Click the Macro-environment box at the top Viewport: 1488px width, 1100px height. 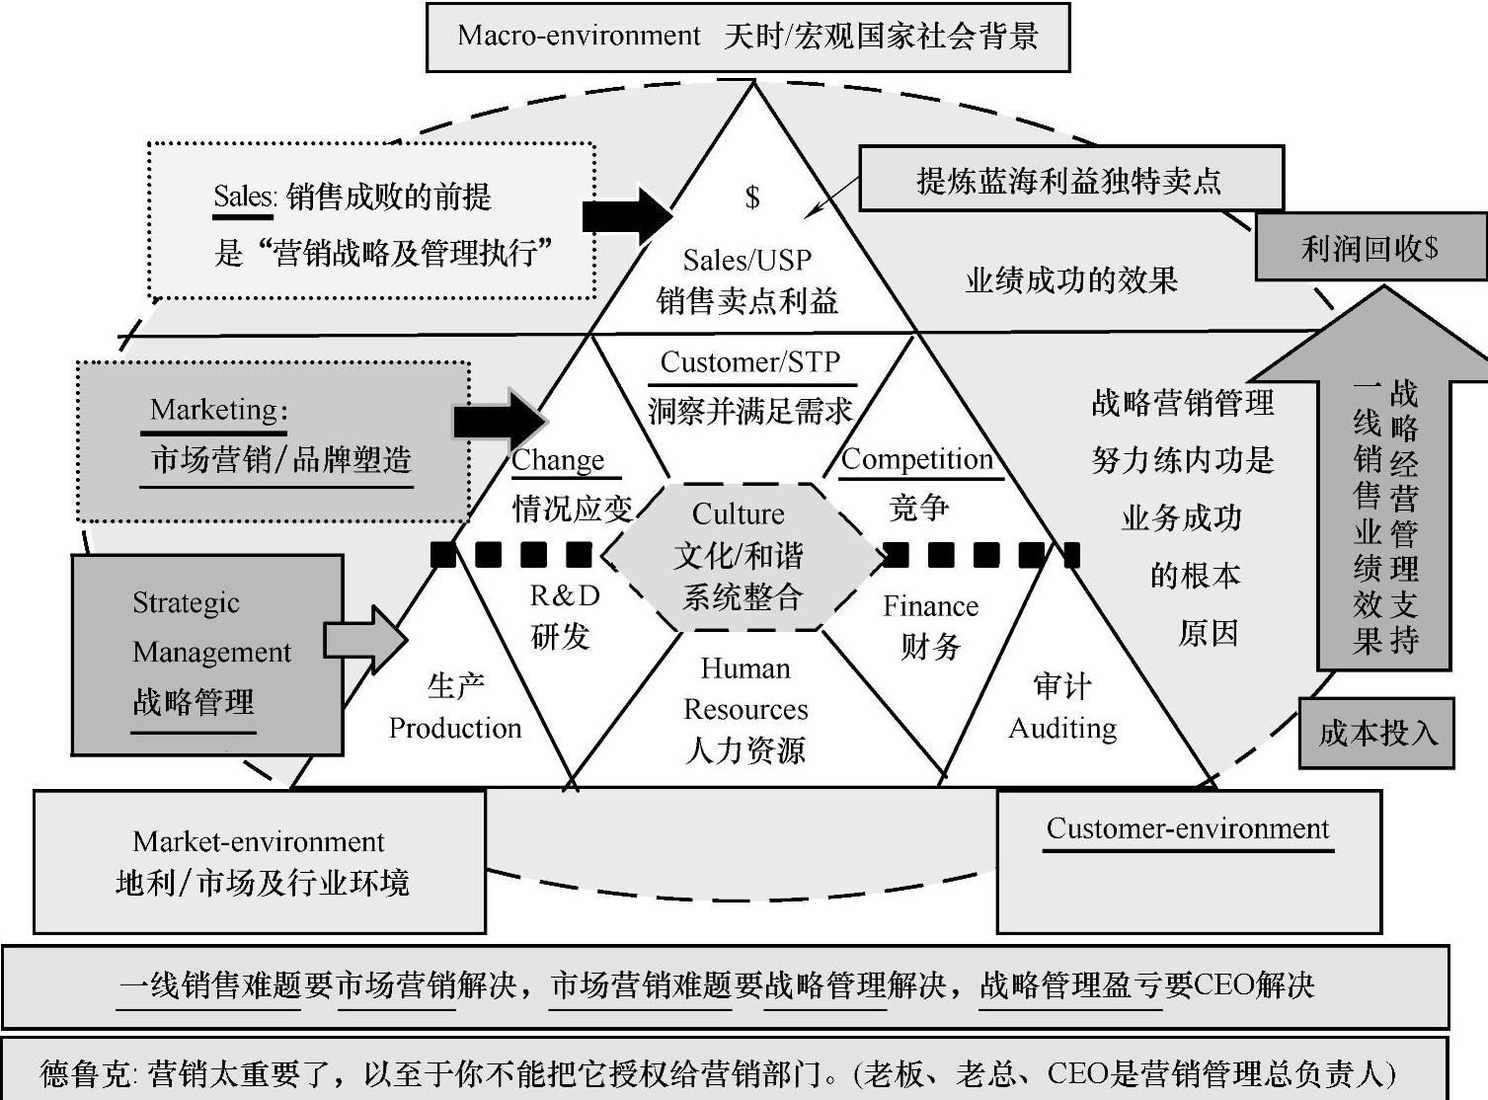point(747,37)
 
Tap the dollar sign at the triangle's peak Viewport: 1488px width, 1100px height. point(752,196)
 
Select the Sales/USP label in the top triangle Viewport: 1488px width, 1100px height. point(747,260)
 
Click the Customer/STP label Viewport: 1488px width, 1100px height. point(750,362)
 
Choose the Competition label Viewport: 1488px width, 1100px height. point(917,459)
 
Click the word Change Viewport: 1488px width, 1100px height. point(558,460)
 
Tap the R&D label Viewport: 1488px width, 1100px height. point(565,595)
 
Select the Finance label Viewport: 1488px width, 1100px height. point(930,606)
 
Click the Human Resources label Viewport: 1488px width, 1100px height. point(745,689)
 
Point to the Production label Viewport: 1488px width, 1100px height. point(455,728)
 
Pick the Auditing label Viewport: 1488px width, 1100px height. point(1062,728)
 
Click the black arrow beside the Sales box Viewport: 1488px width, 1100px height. point(627,215)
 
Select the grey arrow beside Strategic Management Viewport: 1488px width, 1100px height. point(365,640)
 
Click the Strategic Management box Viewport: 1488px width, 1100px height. point(207,654)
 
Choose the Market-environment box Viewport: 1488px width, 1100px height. point(260,861)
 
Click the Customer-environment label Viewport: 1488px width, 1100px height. point(1188,828)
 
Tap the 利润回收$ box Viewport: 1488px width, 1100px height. point(1371,248)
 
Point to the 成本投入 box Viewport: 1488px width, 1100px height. point(1376,733)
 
